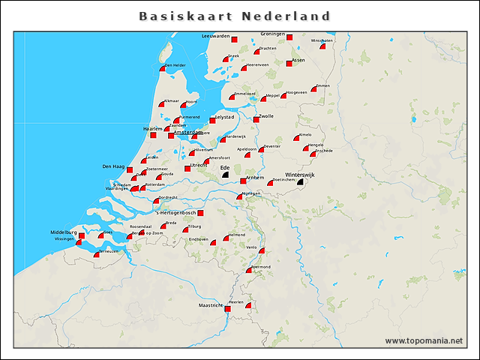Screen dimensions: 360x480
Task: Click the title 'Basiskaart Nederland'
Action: click(x=235, y=16)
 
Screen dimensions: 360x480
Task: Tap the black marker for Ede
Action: click(x=224, y=174)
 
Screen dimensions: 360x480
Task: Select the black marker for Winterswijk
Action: click(x=300, y=181)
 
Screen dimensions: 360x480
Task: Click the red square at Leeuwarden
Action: click(x=235, y=40)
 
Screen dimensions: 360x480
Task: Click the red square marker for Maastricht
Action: click(x=228, y=308)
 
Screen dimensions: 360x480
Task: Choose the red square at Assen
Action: click(x=289, y=64)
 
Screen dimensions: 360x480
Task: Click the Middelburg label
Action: click(x=64, y=232)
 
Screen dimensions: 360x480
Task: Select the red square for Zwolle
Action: click(x=256, y=118)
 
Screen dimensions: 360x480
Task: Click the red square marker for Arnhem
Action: click(x=243, y=181)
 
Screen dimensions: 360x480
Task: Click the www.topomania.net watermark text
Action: click(x=424, y=340)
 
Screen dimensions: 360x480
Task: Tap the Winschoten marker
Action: click(x=322, y=46)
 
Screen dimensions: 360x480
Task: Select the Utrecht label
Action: click(x=198, y=164)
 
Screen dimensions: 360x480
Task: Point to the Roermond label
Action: click(x=260, y=267)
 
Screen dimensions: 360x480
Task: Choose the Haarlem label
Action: click(x=153, y=128)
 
